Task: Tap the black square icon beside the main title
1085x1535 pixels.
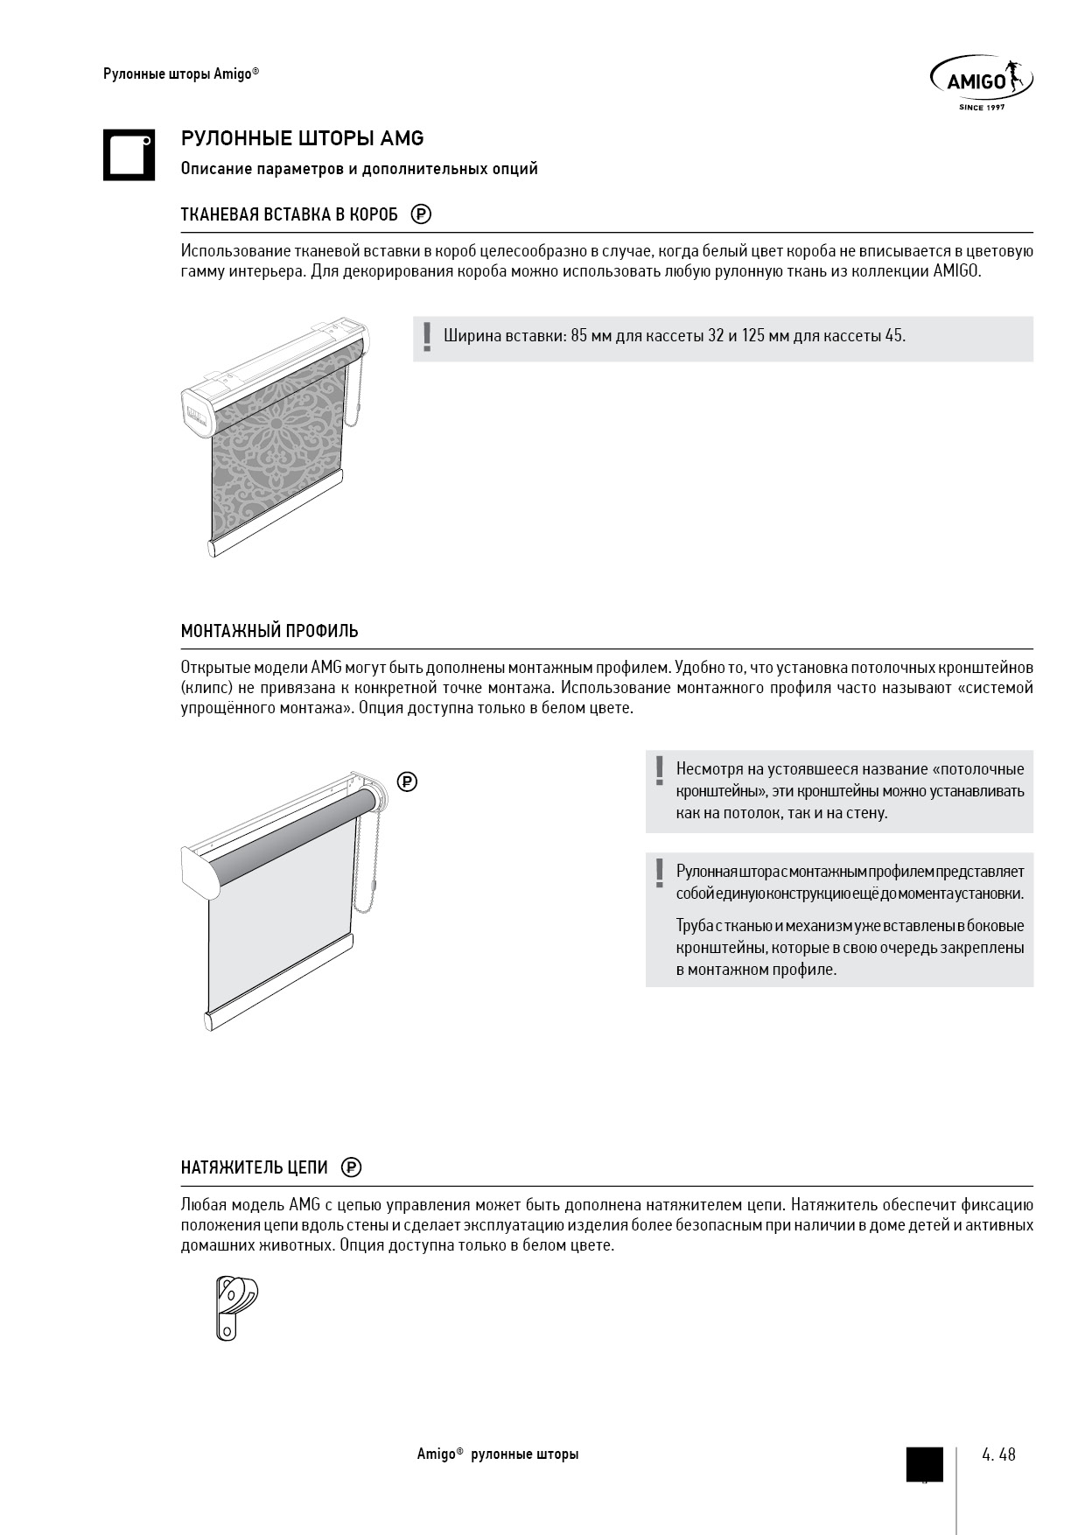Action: (x=129, y=155)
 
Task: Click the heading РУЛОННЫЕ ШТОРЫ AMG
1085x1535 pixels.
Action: (x=302, y=138)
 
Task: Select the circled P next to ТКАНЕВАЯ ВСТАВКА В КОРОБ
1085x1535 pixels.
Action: (x=421, y=214)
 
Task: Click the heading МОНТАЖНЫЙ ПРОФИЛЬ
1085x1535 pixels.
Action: (x=269, y=631)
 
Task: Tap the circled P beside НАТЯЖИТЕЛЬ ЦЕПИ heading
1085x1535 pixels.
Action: (x=351, y=1167)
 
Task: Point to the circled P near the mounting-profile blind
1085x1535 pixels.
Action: (x=407, y=782)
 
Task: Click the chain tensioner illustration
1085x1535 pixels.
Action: (x=234, y=1307)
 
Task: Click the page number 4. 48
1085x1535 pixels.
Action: (x=998, y=1454)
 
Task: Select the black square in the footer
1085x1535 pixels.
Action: (x=924, y=1464)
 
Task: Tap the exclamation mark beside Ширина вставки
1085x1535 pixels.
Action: (x=426, y=337)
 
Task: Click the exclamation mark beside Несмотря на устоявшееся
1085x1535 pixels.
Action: (x=659, y=770)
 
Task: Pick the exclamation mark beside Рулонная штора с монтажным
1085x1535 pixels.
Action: (x=659, y=873)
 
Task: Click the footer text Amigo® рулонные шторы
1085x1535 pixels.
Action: (x=497, y=1454)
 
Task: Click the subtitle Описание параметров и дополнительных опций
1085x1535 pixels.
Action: (x=359, y=169)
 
